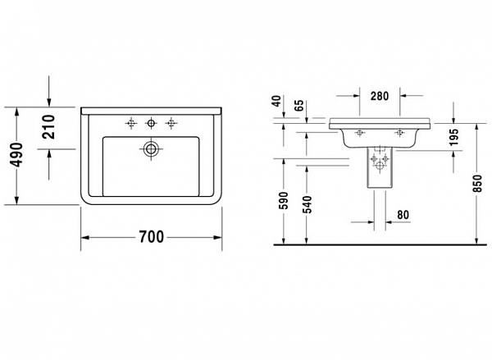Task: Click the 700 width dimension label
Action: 151,237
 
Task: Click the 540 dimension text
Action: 308,202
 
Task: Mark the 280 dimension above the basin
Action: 380,96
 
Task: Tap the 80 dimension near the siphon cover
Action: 403,216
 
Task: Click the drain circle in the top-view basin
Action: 150,148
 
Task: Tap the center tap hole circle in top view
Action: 150,124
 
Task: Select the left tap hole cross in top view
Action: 130,124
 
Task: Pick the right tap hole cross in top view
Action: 171,124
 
